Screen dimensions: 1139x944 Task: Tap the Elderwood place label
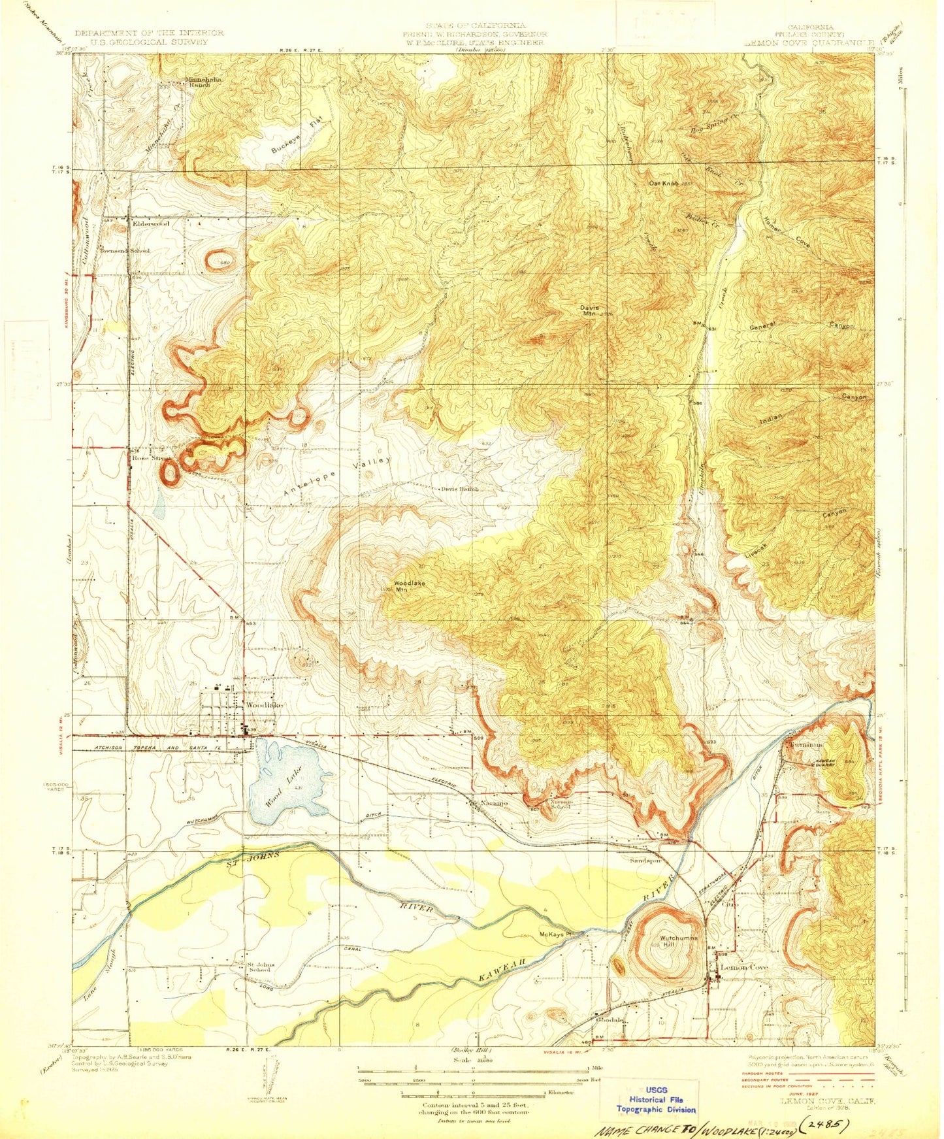coord(151,223)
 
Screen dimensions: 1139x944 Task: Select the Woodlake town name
coord(265,705)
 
